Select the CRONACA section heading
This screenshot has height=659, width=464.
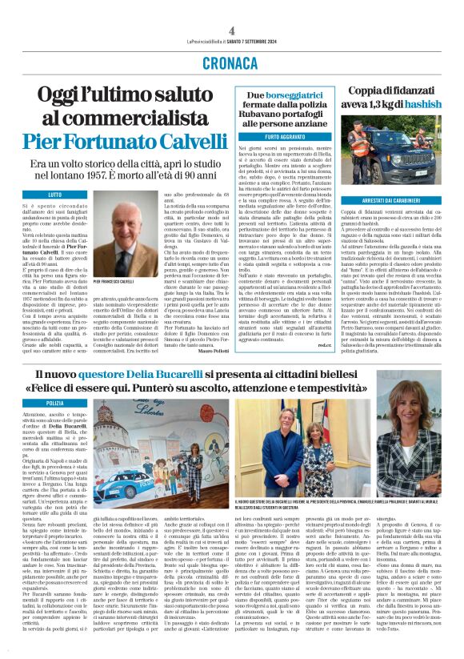pyautogui.click(x=232, y=61)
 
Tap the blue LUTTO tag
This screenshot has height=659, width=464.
pyautogui.click(x=33, y=194)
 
